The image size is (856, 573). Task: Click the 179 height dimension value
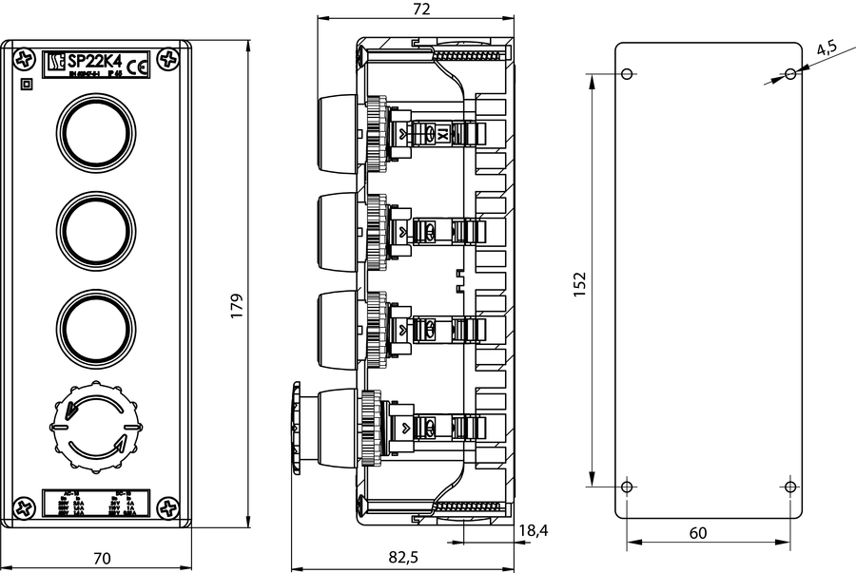click(238, 305)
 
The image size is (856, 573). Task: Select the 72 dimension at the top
click(422, 10)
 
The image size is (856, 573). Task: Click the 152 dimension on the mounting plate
click(580, 284)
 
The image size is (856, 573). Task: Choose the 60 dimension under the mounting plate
click(697, 533)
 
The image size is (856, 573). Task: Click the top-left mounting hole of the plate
click(627, 74)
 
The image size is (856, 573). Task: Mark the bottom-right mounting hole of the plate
click(790, 487)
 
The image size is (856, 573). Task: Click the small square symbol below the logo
click(26, 84)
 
